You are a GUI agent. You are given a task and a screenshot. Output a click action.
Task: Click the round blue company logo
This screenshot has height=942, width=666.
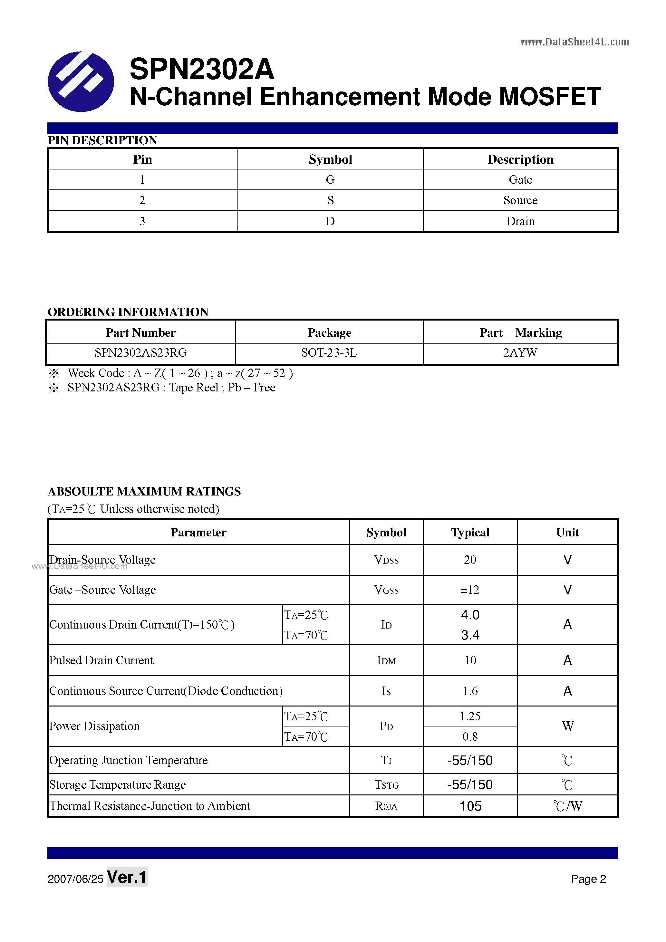[x=81, y=81]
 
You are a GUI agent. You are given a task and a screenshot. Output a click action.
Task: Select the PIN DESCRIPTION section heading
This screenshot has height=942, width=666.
[x=102, y=140]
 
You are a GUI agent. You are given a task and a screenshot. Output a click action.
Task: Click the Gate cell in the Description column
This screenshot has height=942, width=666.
[x=520, y=180]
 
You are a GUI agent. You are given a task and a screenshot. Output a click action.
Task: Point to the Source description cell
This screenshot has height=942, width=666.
[x=520, y=200]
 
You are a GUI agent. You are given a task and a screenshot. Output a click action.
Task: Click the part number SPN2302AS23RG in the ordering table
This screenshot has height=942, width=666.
[x=140, y=353]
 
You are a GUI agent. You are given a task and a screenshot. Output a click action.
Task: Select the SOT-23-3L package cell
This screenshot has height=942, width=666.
[x=329, y=353]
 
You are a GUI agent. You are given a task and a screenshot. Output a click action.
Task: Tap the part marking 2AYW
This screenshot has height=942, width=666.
[x=520, y=353]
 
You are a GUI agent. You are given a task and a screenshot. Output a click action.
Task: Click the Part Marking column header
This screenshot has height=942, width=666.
[x=520, y=333]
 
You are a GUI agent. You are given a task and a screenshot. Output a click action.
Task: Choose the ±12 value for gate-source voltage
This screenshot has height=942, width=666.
[x=469, y=590]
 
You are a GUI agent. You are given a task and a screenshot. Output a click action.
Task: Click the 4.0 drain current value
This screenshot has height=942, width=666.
[x=470, y=615]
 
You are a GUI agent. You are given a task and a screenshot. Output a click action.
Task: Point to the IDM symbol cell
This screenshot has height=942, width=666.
[x=386, y=660]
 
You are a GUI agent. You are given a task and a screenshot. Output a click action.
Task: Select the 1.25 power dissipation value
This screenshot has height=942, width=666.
[x=470, y=716]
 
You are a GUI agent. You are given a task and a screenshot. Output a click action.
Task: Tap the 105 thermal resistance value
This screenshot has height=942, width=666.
[x=470, y=806]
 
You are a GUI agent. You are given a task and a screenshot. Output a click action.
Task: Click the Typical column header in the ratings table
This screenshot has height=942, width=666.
[x=470, y=533]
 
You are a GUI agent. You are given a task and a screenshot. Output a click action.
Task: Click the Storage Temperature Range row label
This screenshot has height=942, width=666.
[x=117, y=785]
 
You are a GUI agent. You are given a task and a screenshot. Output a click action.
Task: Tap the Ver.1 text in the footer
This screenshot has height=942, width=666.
[x=127, y=877]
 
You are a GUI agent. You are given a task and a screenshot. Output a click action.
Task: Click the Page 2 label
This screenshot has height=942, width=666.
[x=588, y=879]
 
